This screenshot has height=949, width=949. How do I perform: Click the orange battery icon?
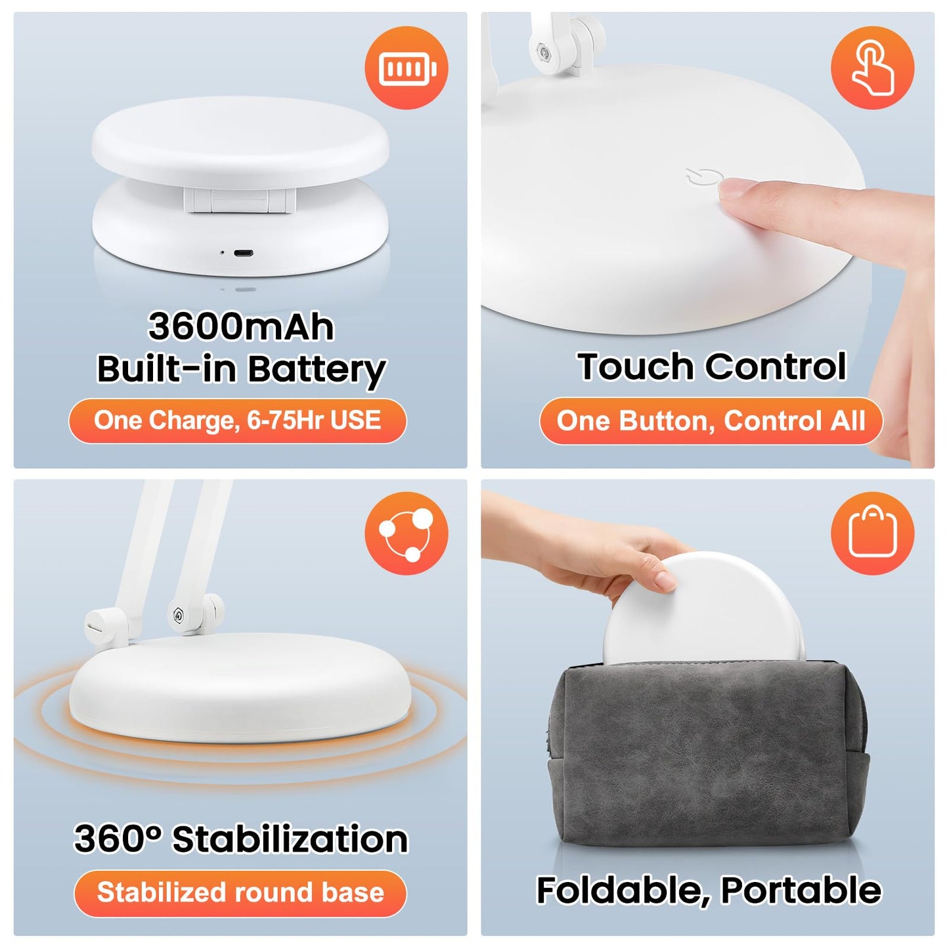pyautogui.click(x=407, y=68)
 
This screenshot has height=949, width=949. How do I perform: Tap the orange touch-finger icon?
pyautogui.click(x=872, y=68)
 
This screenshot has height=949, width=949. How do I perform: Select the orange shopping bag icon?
pyautogui.click(x=872, y=533)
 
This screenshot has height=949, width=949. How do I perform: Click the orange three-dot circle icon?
pyautogui.click(x=407, y=533)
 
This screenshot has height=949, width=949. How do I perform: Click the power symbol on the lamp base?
pyautogui.click(x=705, y=179)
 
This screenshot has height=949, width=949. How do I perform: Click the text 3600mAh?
pyautogui.click(x=241, y=326)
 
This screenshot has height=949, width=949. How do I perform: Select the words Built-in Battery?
pyautogui.click(x=241, y=369)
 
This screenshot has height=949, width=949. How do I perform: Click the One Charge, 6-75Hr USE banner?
pyautogui.click(x=238, y=420)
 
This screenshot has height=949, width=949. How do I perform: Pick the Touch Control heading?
pyautogui.click(x=712, y=366)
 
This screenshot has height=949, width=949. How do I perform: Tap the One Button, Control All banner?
pyautogui.click(x=711, y=421)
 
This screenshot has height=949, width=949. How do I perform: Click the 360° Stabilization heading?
pyautogui.click(x=241, y=839)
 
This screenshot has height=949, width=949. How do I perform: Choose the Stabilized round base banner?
pyautogui.click(x=240, y=893)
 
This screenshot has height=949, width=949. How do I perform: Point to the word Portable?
pyautogui.click(x=801, y=891)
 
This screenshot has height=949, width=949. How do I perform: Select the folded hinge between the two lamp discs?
pyautogui.click(x=240, y=200)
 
